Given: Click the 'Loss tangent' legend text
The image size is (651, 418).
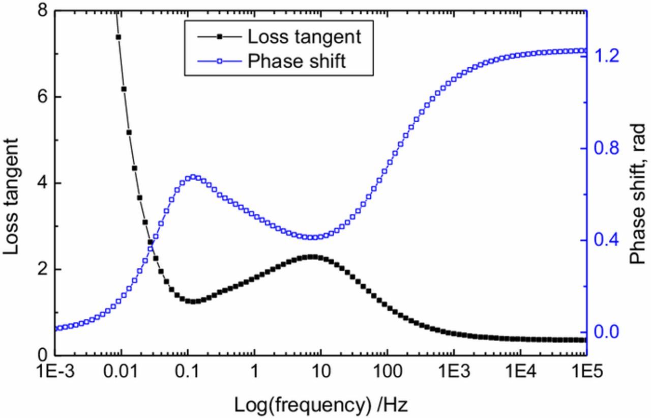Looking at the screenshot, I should (x=304, y=37).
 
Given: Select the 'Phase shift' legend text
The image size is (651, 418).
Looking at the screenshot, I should (x=297, y=62).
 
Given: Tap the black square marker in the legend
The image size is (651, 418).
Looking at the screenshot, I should (x=220, y=37).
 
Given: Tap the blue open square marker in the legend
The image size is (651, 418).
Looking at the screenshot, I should (x=220, y=62).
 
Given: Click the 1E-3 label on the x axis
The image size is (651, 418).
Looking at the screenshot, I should (x=55, y=372).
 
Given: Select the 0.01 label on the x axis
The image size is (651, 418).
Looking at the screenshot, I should (x=121, y=372).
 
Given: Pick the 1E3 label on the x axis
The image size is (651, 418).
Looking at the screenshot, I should (x=453, y=372).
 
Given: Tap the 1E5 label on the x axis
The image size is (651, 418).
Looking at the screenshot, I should (x=586, y=372).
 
